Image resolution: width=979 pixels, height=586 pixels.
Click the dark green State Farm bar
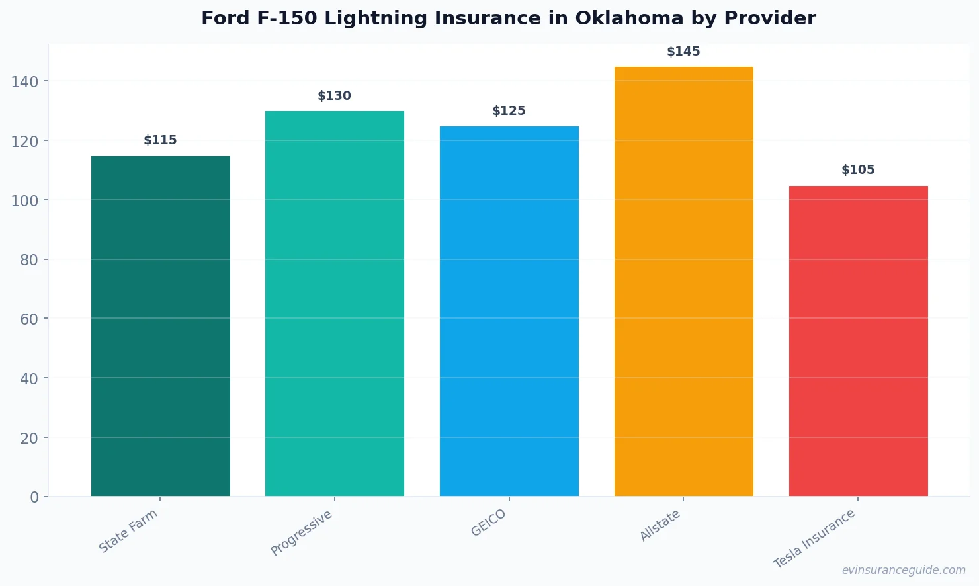(161, 326)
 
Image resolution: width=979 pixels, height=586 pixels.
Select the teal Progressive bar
(335, 304)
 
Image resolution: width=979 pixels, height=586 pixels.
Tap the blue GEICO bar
(509, 311)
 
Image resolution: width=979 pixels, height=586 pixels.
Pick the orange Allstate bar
(683, 281)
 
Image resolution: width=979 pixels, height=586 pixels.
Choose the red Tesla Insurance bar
(858, 341)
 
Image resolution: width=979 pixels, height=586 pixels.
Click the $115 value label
(161, 140)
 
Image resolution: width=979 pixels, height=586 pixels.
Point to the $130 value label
(335, 96)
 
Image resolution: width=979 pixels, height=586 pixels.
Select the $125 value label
(509, 111)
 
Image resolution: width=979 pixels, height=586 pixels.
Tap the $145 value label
(683, 52)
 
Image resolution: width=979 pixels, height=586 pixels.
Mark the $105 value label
(858, 170)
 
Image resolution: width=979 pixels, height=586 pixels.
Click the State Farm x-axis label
(128, 531)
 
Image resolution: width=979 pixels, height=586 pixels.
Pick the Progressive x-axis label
(302, 533)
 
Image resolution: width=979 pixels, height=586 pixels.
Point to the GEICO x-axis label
(489, 523)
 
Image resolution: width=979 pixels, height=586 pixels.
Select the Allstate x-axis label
(660, 526)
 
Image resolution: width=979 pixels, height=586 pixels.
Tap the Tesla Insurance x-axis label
(815, 538)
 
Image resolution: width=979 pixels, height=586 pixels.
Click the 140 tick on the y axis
(24, 82)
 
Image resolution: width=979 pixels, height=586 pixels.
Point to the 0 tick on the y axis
(34, 497)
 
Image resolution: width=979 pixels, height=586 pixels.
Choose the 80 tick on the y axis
(28, 260)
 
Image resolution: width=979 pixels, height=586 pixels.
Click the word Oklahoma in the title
(629, 19)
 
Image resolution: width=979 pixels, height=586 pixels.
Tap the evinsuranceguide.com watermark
(904, 570)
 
